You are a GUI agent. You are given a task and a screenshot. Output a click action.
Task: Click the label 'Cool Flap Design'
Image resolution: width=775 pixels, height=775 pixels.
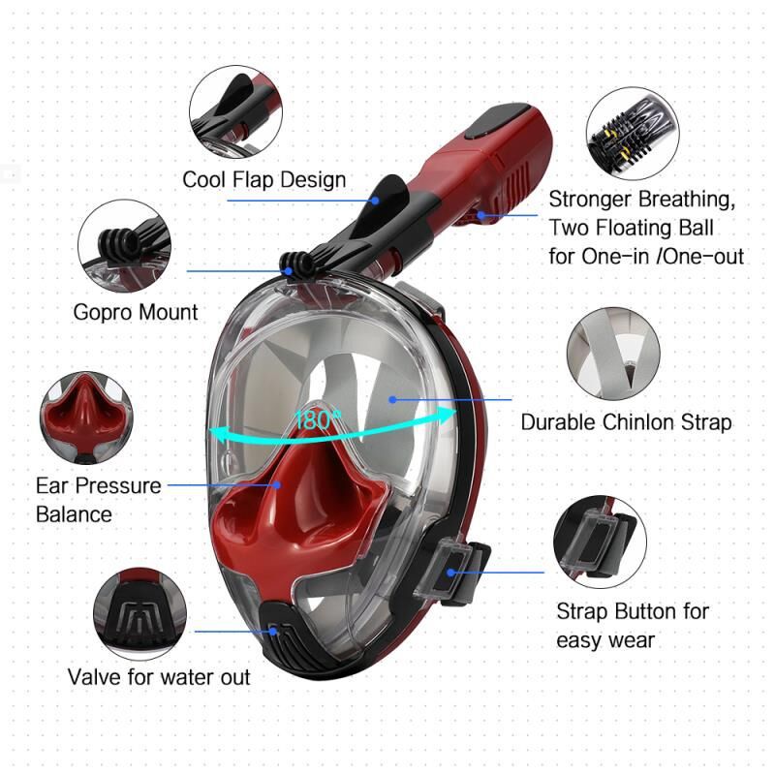pyautogui.click(x=263, y=179)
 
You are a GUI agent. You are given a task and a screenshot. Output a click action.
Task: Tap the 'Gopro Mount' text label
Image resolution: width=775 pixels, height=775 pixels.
pyautogui.click(x=136, y=312)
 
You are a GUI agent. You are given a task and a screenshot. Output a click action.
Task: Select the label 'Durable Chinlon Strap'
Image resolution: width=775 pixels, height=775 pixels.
pyautogui.click(x=626, y=422)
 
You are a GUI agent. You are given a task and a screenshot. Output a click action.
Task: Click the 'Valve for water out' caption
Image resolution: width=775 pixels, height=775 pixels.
pyautogui.click(x=159, y=676)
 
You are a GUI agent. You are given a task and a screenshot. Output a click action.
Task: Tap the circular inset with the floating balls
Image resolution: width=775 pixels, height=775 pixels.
pyautogui.click(x=632, y=133)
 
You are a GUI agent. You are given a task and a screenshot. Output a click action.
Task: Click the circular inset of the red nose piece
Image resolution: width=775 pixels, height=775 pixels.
pyautogui.click(x=86, y=415)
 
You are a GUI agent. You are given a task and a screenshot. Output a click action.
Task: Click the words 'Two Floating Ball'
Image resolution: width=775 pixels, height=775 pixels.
pyautogui.click(x=631, y=228)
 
